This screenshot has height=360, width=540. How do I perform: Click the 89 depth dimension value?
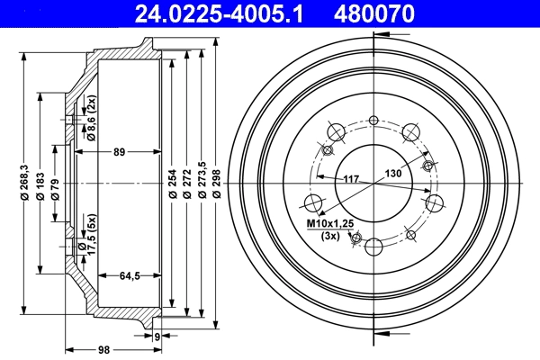pos(119,152)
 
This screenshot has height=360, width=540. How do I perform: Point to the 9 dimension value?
pos(157,337)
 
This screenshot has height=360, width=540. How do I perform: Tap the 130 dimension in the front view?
pos(393,173)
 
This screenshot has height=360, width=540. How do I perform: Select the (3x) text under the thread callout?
pos(331,236)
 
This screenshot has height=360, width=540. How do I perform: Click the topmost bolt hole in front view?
pos(373,120)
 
